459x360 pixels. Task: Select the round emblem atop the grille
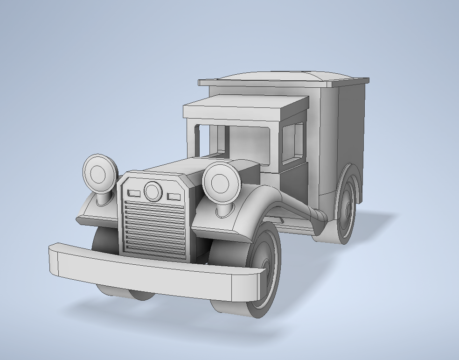tap(153, 191)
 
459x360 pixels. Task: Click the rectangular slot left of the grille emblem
tap(134, 193)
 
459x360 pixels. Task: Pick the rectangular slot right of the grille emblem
tap(174, 197)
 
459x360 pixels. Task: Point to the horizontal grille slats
tap(154, 229)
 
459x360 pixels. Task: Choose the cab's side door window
tap(292, 142)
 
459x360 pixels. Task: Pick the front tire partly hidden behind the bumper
tap(105, 243)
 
